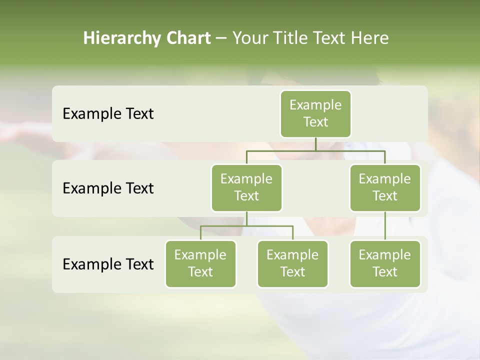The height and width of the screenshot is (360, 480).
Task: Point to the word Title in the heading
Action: pos(291,38)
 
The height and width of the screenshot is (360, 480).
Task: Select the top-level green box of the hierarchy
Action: pos(315,114)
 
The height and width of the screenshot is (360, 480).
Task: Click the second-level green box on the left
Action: pos(246,188)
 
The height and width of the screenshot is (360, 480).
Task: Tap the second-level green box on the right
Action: pos(385,188)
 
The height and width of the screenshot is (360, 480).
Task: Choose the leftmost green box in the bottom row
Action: pos(200,264)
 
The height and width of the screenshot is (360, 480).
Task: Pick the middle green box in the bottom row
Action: pos(292,264)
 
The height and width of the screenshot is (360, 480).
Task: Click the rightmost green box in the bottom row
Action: pos(385,264)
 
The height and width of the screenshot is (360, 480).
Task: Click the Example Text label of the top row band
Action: pos(108,114)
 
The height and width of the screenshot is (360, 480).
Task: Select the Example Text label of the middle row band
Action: pos(108,188)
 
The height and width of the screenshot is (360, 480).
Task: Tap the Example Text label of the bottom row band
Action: pos(108,264)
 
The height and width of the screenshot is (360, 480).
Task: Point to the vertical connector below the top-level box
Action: pos(315,144)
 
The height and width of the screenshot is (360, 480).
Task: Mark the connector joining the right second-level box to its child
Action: pos(385,226)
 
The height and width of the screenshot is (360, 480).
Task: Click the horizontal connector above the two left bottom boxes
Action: pos(246,226)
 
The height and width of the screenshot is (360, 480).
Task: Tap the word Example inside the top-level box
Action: pos(315,105)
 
